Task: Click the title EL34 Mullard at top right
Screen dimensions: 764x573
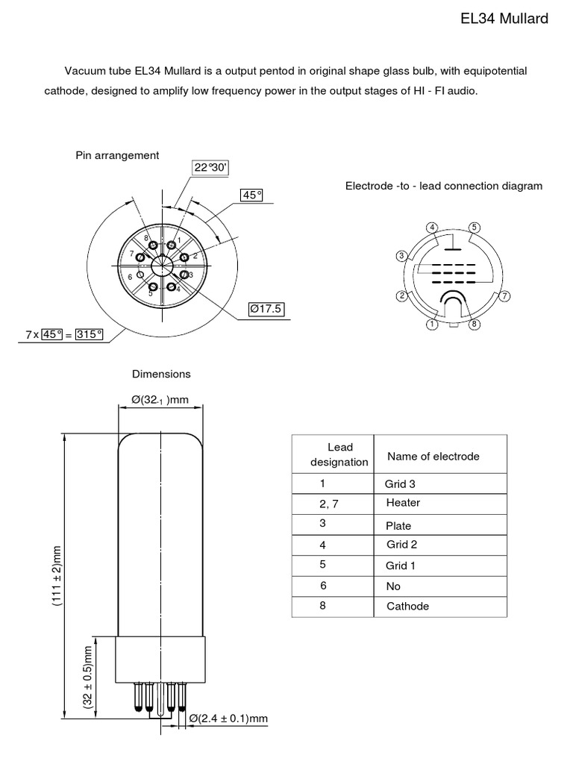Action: pyautogui.click(x=505, y=19)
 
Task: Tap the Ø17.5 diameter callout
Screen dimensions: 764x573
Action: pyautogui.click(x=267, y=308)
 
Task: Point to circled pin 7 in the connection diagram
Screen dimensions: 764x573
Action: pyautogui.click(x=504, y=296)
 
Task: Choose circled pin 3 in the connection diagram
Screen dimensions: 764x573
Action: pyautogui.click(x=401, y=256)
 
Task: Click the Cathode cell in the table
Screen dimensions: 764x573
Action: pyautogui.click(x=407, y=607)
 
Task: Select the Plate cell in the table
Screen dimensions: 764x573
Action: pyautogui.click(x=398, y=525)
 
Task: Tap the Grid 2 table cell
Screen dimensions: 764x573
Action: pyautogui.click(x=401, y=545)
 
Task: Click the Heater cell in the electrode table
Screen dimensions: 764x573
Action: pyautogui.click(x=403, y=503)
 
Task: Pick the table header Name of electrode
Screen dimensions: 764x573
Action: pyautogui.click(x=433, y=456)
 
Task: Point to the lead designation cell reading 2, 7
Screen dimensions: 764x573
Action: pyautogui.click(x=328, y=504)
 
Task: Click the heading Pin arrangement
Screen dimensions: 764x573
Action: pyautogui.click(x=117, y=155)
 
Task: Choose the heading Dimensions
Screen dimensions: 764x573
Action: pyautogui.click(x=161, y=374)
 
